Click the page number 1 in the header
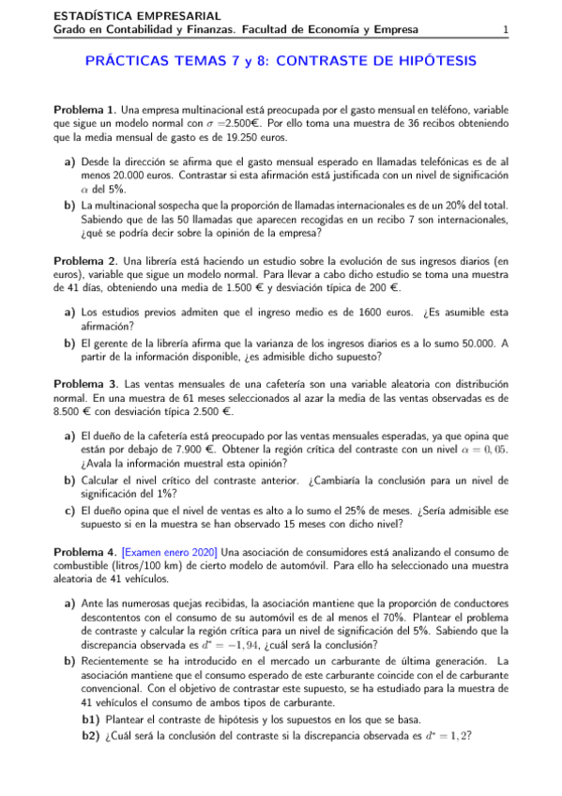506,30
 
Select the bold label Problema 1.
84,109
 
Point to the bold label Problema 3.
84,384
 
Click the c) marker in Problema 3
69,511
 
